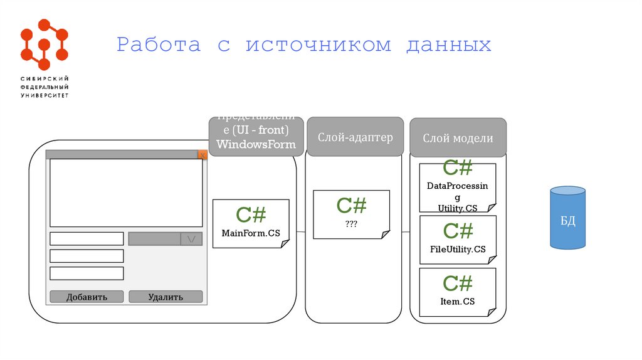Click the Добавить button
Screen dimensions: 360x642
click(87, 297)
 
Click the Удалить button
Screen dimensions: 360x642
click(166, 297)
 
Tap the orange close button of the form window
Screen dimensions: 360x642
click(203, 154)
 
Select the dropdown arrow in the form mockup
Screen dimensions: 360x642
click(191, 239)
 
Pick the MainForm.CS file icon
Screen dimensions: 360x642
click(251, 223)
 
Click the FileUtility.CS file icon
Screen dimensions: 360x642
click(458, 240)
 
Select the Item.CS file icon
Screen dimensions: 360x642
click(458, 292)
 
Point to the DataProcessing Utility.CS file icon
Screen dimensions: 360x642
click(458, 188)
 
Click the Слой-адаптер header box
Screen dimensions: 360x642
click(355, 137)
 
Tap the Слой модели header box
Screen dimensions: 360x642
click(458, 138)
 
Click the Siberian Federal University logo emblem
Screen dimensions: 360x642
click(44, 44)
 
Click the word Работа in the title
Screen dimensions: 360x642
click(159, 45)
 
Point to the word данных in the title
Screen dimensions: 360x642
click(448, 45)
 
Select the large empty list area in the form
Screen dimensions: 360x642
click(126, 193)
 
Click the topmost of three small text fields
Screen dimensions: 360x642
click(87, 239)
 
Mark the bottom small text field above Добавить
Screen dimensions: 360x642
click(87, 273)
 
